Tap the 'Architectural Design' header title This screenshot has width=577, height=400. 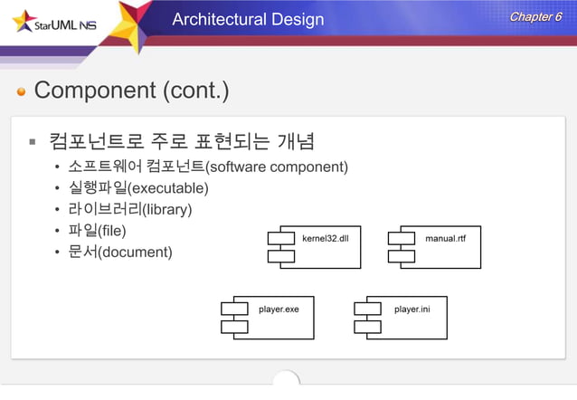(248, 19)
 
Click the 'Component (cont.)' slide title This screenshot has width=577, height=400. (131, 90)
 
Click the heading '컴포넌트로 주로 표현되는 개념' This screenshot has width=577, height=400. (182, 141)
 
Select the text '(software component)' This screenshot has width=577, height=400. (277, 167)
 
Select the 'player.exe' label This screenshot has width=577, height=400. (279, 310)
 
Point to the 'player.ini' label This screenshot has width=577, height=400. (411, 310)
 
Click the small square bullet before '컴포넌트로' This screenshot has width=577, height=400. (32, 142)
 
